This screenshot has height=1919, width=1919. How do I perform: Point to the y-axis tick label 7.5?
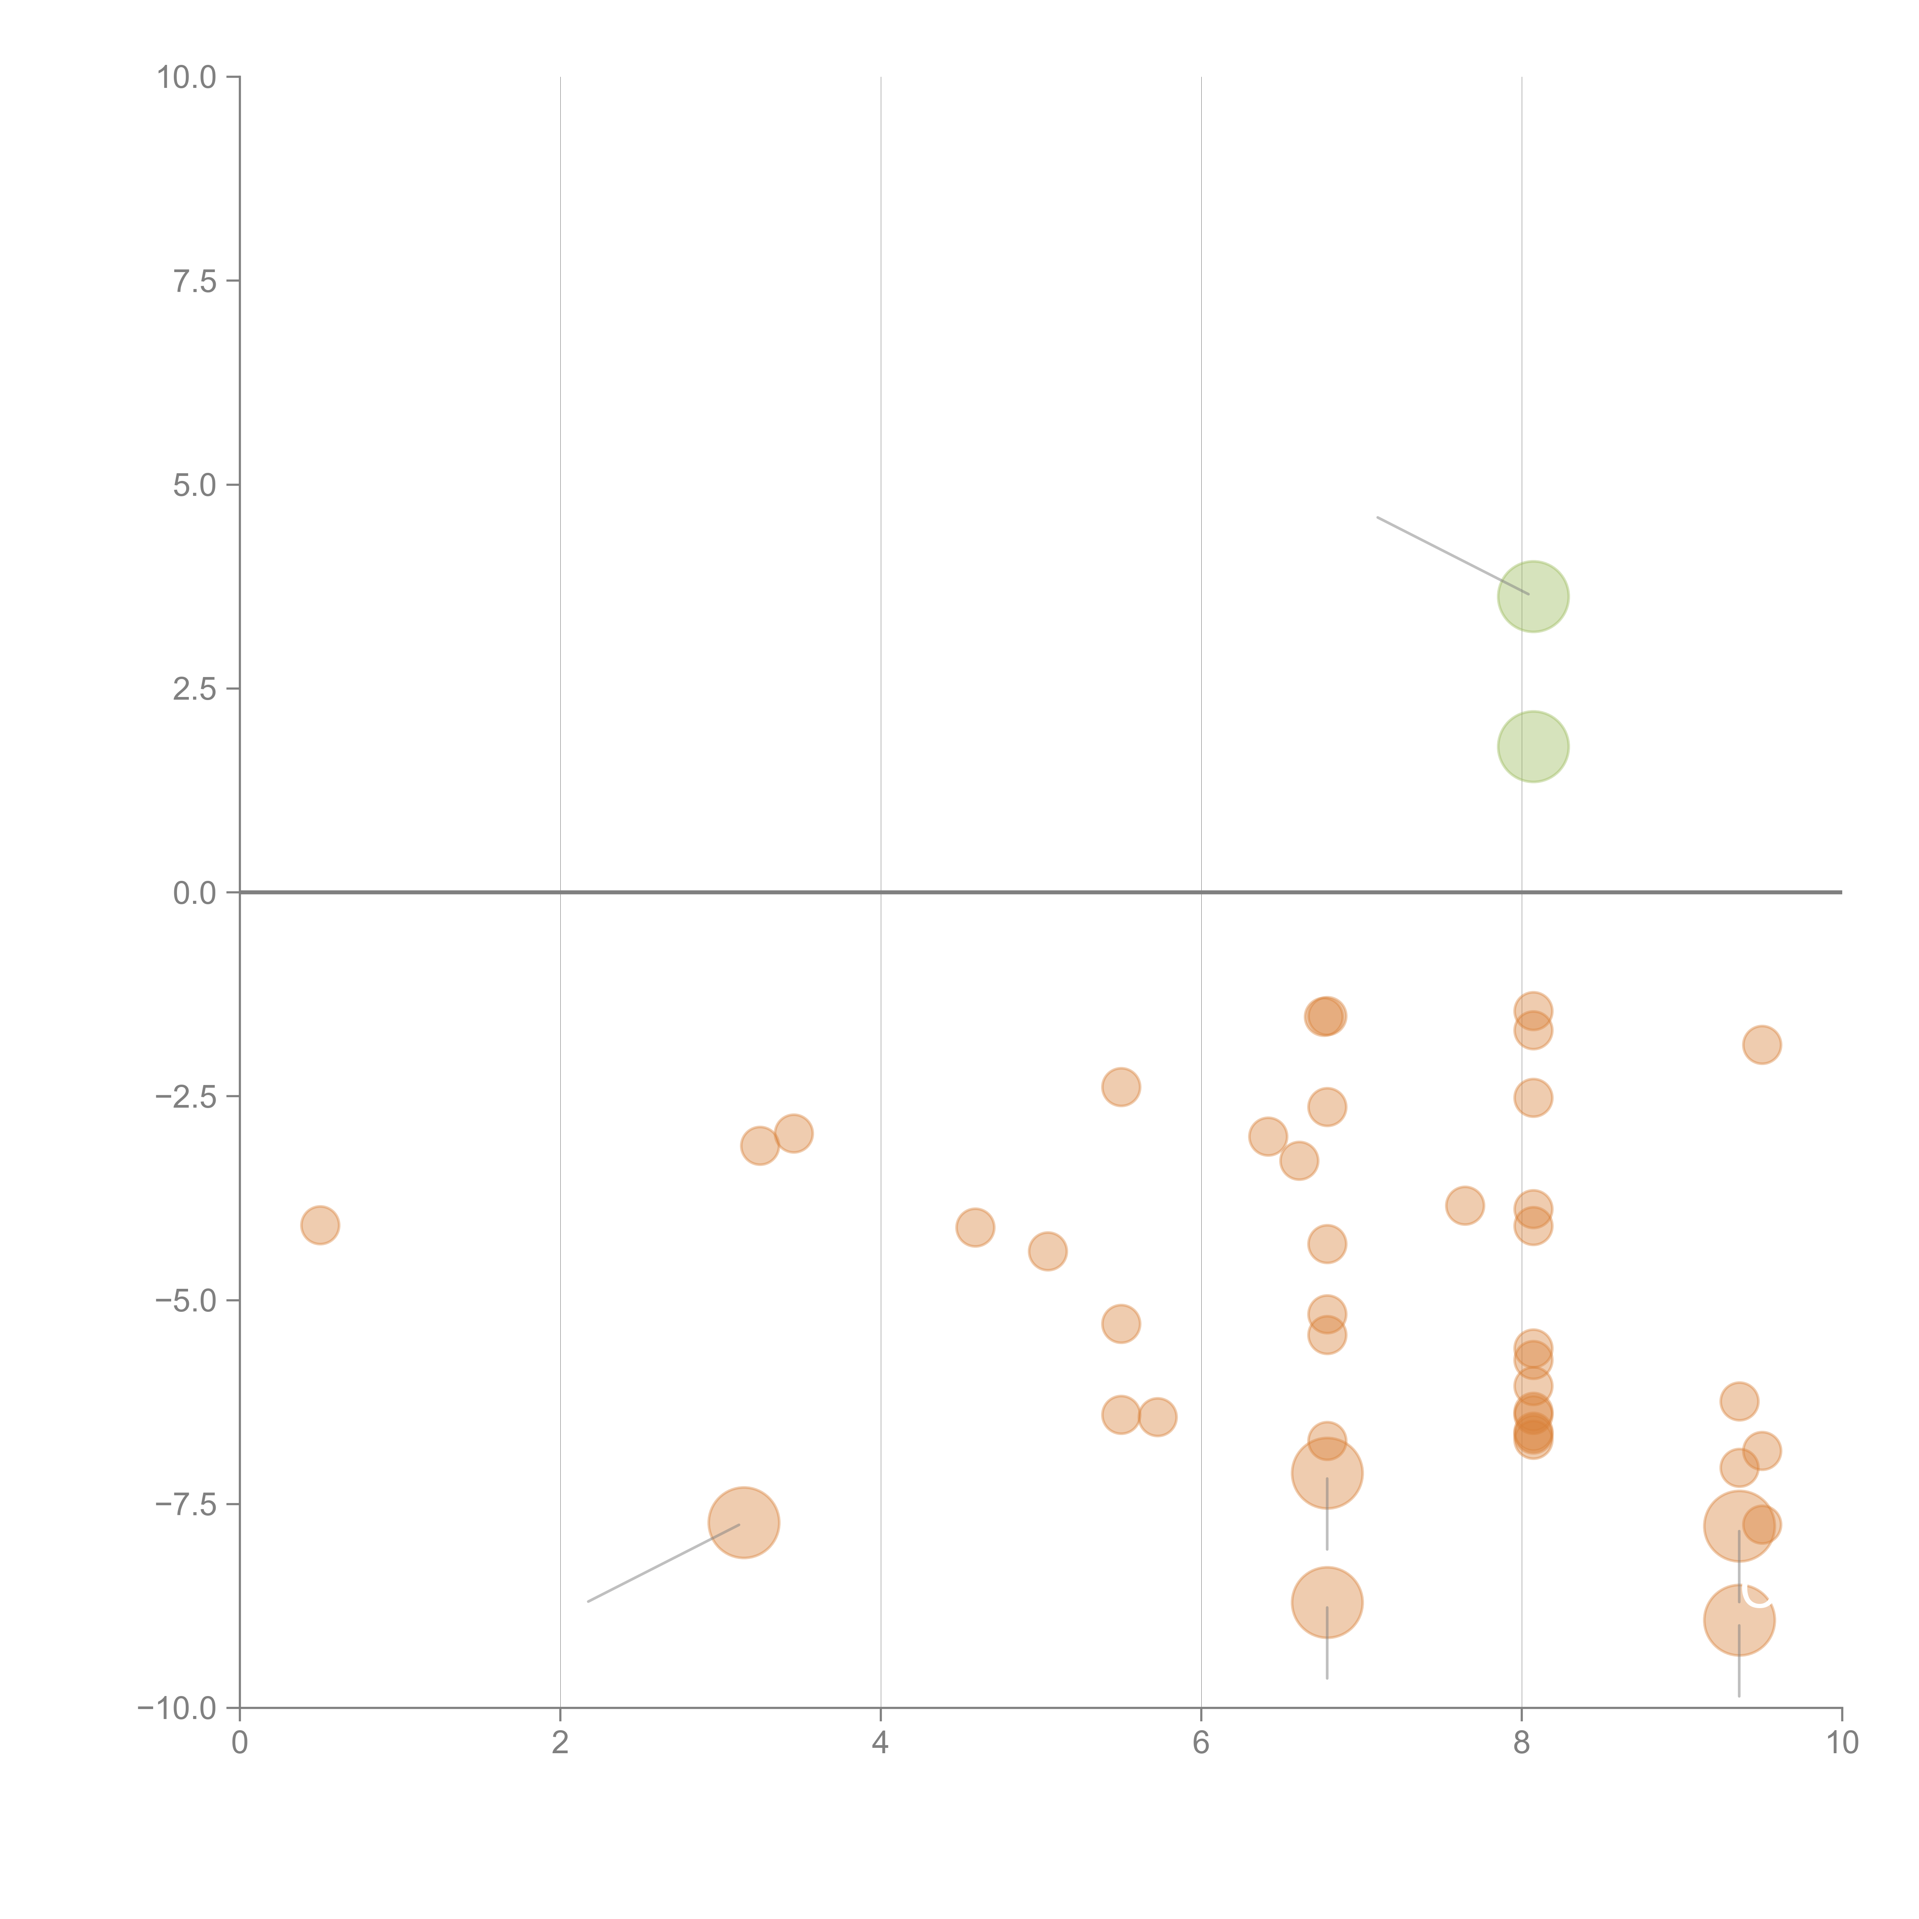[x=195, y=281]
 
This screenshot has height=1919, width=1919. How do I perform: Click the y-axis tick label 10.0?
[x=187, y=78]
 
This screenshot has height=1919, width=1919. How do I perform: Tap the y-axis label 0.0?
[x=195, y=893]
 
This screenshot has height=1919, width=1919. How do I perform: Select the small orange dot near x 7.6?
[x=1464, y=1206]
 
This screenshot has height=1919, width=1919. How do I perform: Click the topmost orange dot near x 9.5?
[x=1761, y=1044]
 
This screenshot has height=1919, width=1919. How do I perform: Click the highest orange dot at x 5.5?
[x=1120, y=1087]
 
